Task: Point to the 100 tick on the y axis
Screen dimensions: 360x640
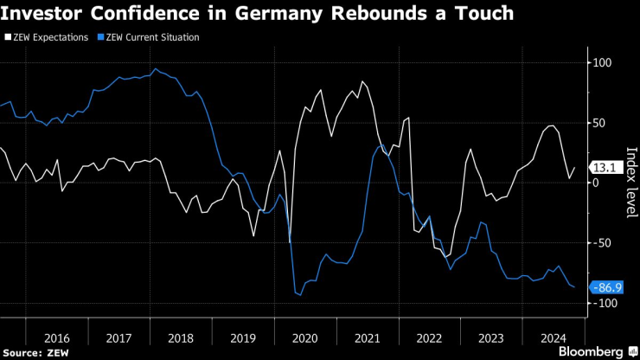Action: pos(600,63)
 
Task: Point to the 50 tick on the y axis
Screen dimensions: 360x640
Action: pos(598,123)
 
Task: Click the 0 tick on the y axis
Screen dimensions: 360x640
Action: pos(595,183)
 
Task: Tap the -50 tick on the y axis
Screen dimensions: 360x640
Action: pos(599,243)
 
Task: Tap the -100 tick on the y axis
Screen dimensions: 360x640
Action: pos(602,303)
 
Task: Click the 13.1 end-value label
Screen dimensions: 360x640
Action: pos(603,168)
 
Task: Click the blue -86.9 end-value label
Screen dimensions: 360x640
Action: pos(605,287)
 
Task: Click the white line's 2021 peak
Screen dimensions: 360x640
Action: pos(362,82)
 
